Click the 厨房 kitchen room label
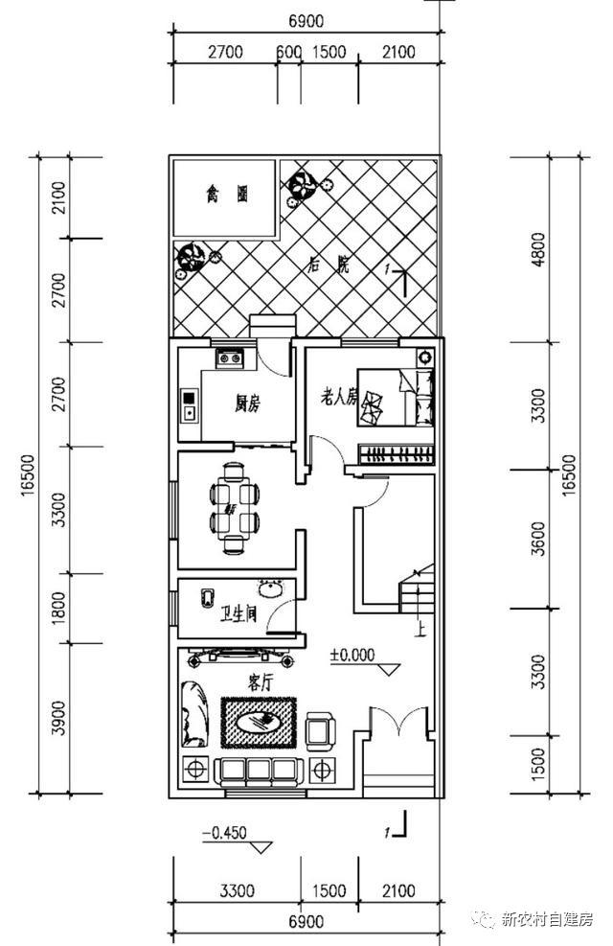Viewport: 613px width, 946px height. pyautogui.click(x=247, y=404)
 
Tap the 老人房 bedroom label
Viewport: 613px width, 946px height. pyautogui.click(x=338, y=395)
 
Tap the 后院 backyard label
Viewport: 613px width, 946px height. pyautogui.click(x=328, y=265)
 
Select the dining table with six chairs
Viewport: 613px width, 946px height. pyautogui.click(x=234, y=508)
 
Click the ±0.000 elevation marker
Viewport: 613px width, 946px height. pyautogui.click(x=352, y=657)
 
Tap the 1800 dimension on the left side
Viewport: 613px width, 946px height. pyautogui.click(x=59, y=608)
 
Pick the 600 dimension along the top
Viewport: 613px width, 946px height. pyautogui.click(x=287, y=53)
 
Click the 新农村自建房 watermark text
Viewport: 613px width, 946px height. pyautogui.click(x=549, y=919)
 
